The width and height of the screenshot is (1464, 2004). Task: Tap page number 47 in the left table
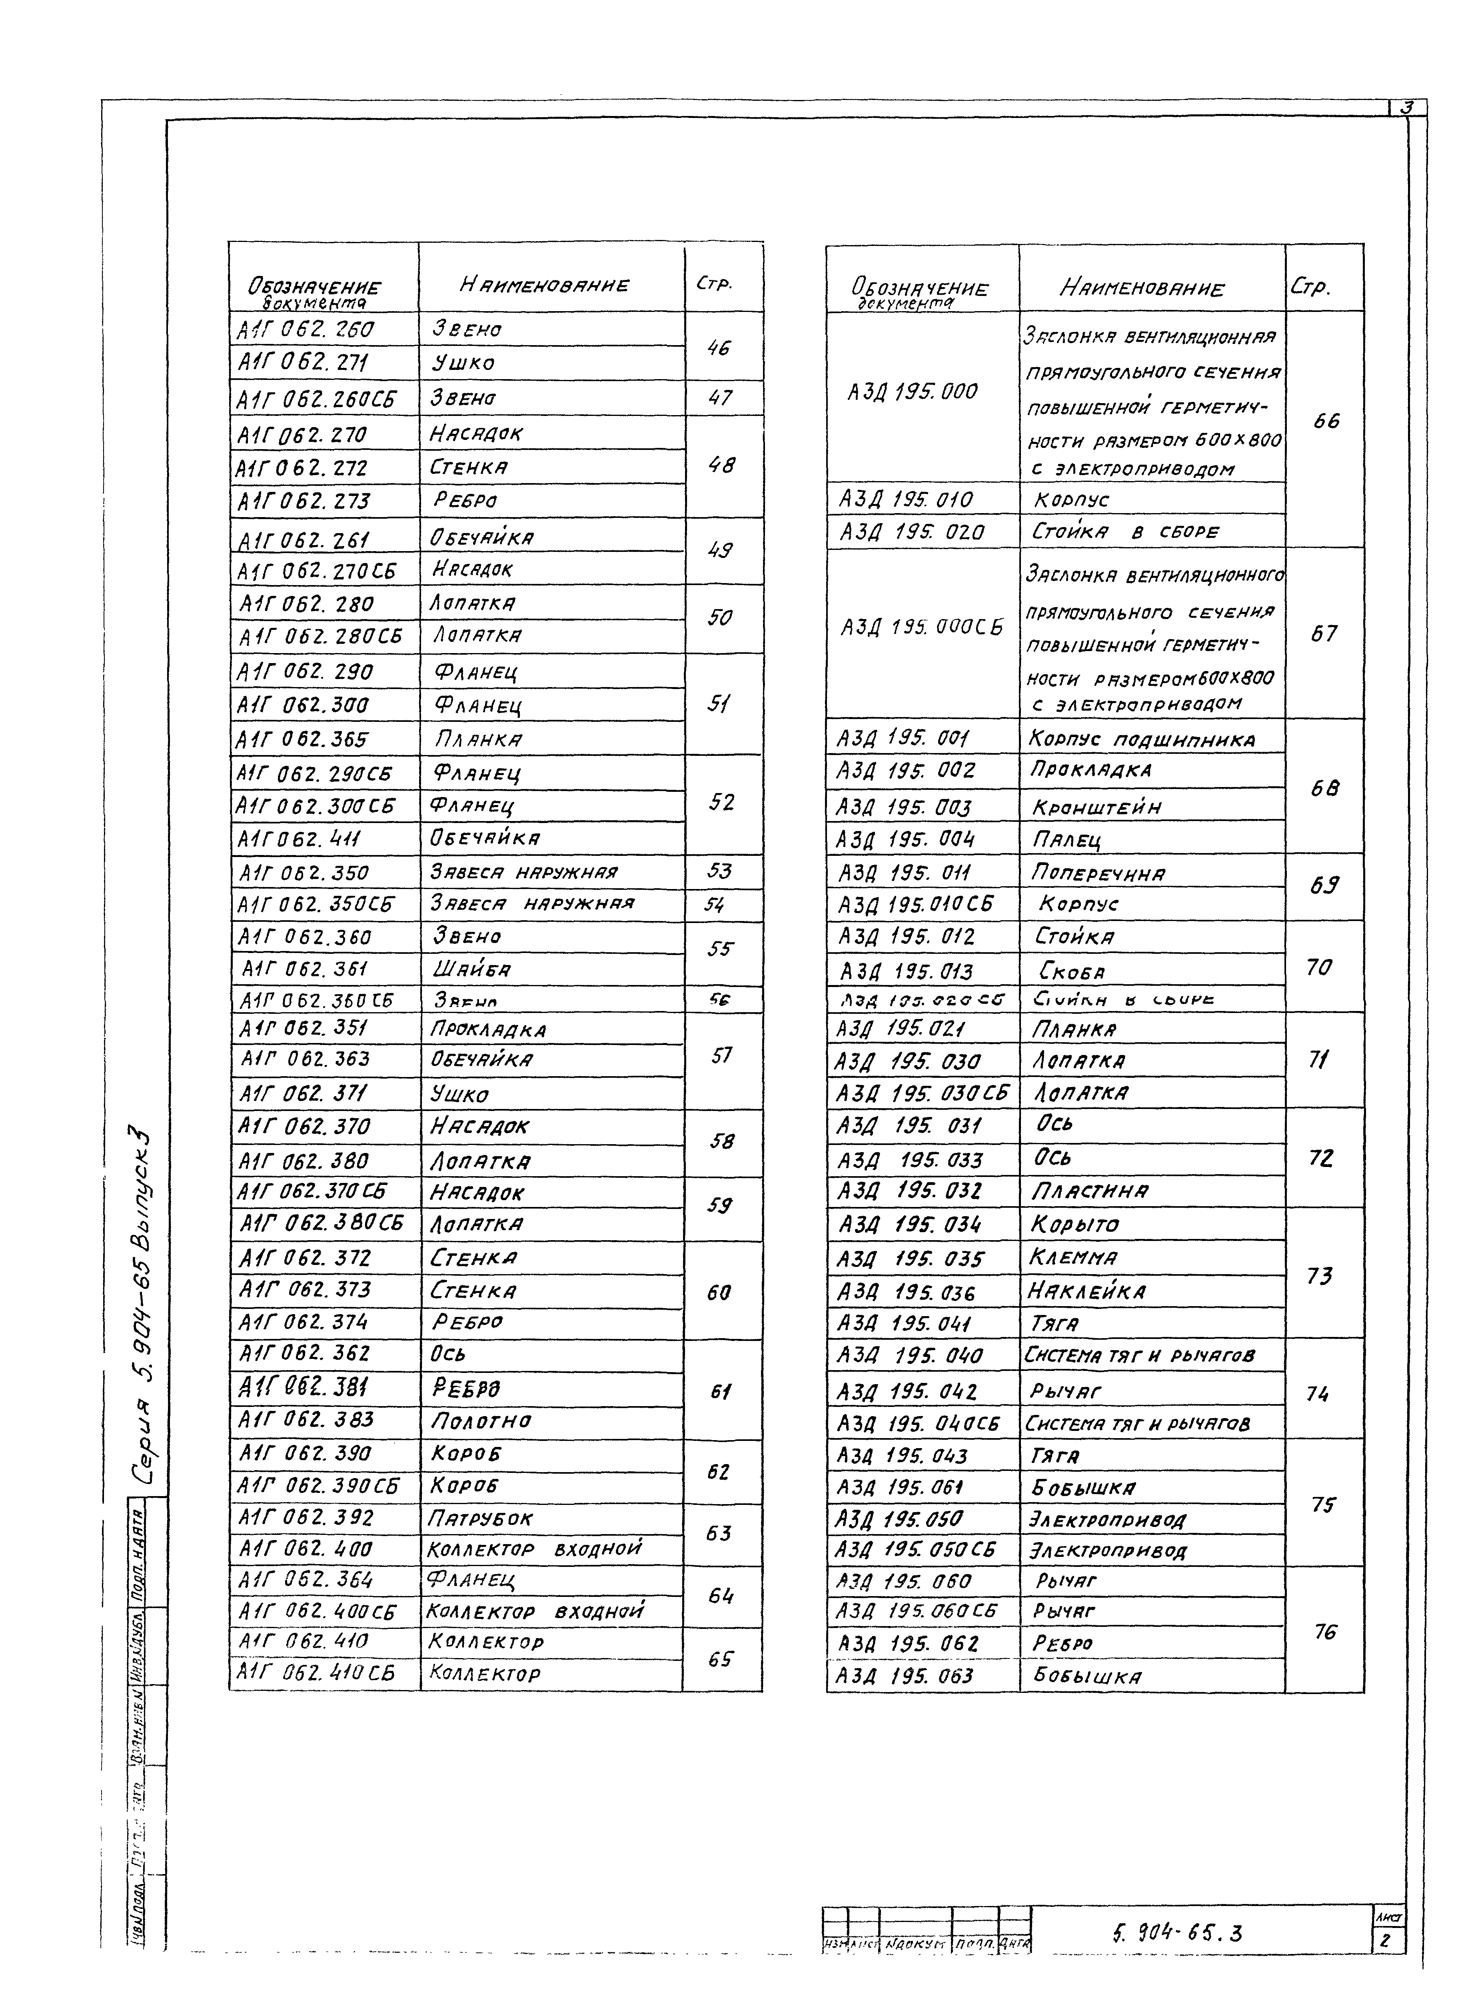[721, 398]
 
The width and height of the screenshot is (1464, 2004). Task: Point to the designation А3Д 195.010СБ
[916, 904]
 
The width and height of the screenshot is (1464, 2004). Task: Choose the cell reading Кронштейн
[1096, 807]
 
